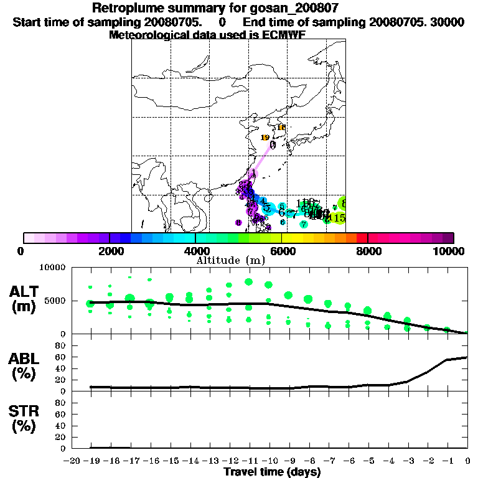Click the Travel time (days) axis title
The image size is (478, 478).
coord(272,472)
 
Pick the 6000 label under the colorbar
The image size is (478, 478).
coord(281,251)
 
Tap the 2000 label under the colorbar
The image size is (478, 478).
coord(110,251)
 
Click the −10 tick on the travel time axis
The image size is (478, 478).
coord(268,461)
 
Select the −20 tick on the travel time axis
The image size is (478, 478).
coord(73,461)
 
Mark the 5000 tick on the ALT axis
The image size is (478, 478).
coord(55,301)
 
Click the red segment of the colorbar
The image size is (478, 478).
coord(362,238)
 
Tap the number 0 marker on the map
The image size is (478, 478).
coord(273,144)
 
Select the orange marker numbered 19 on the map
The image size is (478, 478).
coord(265,138)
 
